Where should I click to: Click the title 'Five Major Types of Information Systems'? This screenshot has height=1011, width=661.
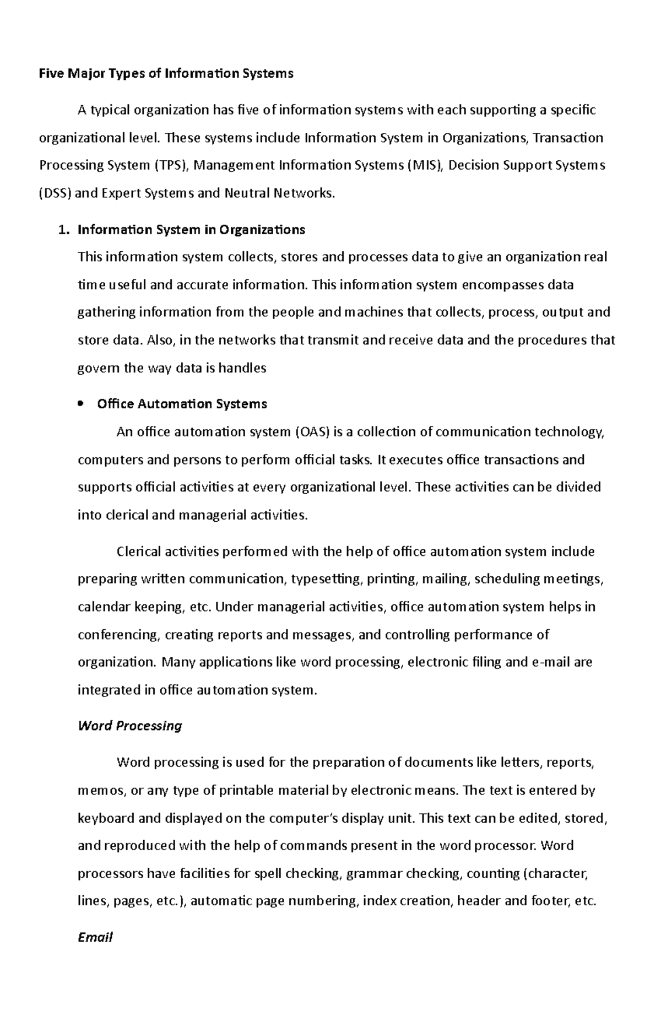tap(166, 73)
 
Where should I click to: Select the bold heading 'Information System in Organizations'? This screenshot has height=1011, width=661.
tap(191, 230)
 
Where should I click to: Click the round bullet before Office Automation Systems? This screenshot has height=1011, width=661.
tap(82, 404)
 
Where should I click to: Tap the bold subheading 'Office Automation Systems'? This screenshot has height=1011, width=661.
tap(182, 404)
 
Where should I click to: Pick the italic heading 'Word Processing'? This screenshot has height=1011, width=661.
tap(130, 726)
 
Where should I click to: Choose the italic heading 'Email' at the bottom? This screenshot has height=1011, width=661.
tap(95, 937)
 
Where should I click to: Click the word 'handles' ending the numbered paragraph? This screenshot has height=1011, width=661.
tap(242, 368)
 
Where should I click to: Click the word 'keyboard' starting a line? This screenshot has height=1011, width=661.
tap(106, 818)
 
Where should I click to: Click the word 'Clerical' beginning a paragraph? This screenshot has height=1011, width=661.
tap(140, 552)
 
